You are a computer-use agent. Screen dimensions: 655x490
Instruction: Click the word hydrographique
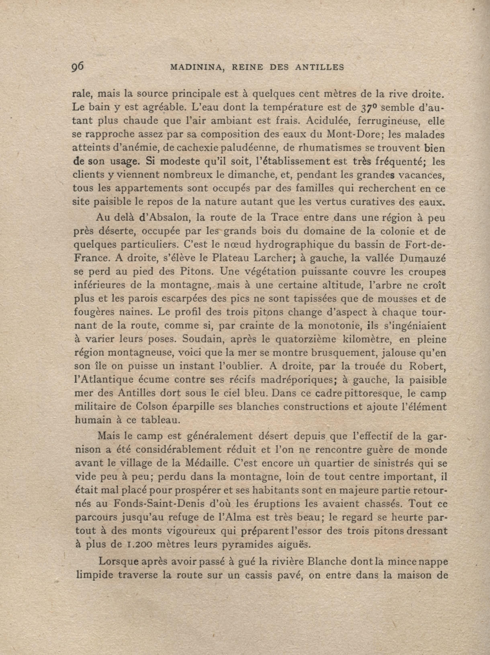pos(297,245)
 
